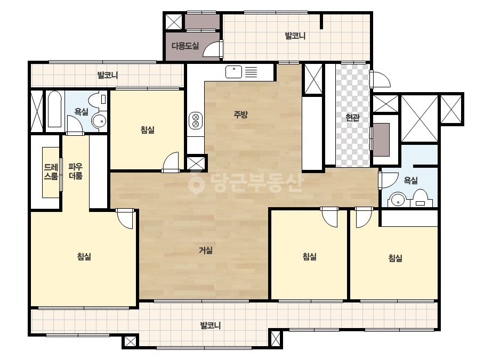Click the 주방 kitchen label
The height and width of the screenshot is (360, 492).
tap(240, 114)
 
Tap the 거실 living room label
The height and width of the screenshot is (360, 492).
tap(206, 250)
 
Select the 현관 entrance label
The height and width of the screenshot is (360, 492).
tap(352, 118)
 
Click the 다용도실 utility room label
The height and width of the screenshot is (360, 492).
tap(185, 46)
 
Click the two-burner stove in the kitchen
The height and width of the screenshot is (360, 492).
tap(196, 121)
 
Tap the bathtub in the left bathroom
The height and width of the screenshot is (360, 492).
tap(54, 109)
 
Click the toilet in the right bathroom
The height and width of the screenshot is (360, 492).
tap(421, 198)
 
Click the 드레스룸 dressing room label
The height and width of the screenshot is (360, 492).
tap(51, 171)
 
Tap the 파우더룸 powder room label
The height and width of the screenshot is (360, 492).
tap(76, 171)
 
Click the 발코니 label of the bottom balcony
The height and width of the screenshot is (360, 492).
tap(211, 325)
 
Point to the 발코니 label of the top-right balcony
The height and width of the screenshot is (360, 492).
tap(295, 36)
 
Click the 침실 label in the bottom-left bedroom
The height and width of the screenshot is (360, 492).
tap(84, 257)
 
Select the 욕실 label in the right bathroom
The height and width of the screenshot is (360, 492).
tap(411, 181)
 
